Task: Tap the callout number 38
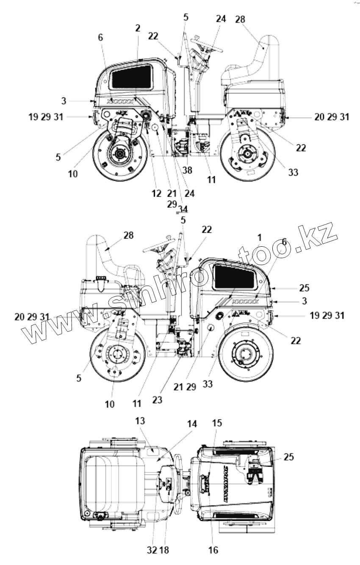[187, 170]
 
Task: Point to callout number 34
[183, 209]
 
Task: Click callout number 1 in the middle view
[259, 237]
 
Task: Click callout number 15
[217, 423]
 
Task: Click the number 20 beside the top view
[319, 117]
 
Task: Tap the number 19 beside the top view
[33, 117]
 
